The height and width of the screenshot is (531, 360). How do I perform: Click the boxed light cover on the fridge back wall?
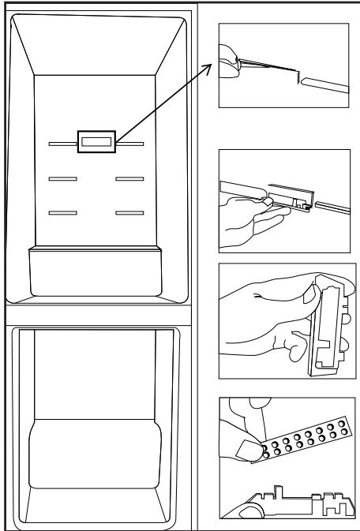tap(96, 142)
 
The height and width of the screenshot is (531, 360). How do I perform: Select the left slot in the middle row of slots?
tap(62, 180)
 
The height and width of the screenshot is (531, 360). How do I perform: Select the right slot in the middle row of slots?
tap(129, 180)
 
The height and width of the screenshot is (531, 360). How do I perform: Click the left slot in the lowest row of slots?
tap(62, 212)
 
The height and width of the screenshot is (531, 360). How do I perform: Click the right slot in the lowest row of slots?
tap(129, 212)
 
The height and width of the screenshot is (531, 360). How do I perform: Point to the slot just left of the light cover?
tap(62, 144)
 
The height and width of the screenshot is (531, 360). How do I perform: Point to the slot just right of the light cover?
tap(130, 144)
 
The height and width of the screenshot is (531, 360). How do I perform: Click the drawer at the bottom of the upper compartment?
tap(96, 272)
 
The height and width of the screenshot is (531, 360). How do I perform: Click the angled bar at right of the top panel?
tap(324, 84)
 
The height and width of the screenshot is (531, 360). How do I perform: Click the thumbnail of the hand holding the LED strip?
tap(249, 448)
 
